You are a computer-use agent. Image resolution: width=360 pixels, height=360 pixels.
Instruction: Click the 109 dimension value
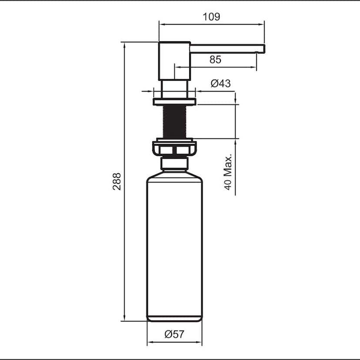(211, 17)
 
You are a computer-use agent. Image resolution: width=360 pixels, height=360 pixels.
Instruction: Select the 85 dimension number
(215, 60)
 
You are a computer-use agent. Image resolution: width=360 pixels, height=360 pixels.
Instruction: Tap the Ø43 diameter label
(220, 84)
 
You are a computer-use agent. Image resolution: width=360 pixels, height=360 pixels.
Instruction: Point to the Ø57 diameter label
(174, 334)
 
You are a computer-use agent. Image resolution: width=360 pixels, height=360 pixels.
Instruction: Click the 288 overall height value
(117, 181)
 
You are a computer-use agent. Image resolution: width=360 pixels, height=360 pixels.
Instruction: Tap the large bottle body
(174, 243)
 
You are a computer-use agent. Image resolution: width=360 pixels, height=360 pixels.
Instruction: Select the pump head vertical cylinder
(174, 61)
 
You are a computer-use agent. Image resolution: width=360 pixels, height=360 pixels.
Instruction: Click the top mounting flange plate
(174, 102)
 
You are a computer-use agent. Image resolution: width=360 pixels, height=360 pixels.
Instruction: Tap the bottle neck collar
(174, 163)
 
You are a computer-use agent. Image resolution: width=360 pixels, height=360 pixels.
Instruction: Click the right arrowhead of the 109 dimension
(262, 24)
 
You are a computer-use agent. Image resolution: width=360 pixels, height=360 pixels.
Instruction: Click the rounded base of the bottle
(174, 318)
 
